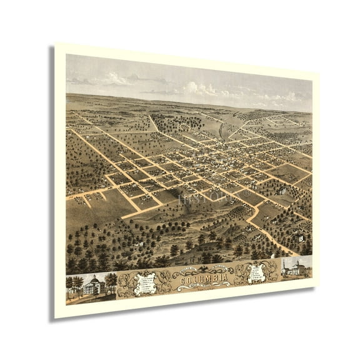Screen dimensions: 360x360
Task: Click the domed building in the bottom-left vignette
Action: (93, 286)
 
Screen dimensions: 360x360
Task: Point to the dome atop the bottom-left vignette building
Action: (93, 277)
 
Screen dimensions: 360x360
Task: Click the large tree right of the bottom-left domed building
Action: (111, 281)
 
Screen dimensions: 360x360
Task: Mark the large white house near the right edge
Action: (301, 237)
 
